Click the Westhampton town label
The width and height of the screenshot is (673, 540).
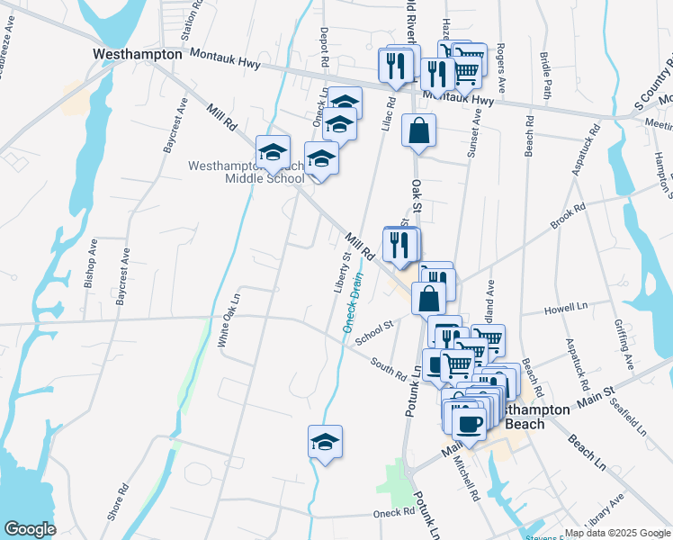(138, 54)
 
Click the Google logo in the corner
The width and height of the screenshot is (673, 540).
(29, 529)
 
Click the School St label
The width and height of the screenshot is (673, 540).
(374, 334)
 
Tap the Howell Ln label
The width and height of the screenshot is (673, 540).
(565, 310)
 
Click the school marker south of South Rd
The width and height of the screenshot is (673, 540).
(325, 442)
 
